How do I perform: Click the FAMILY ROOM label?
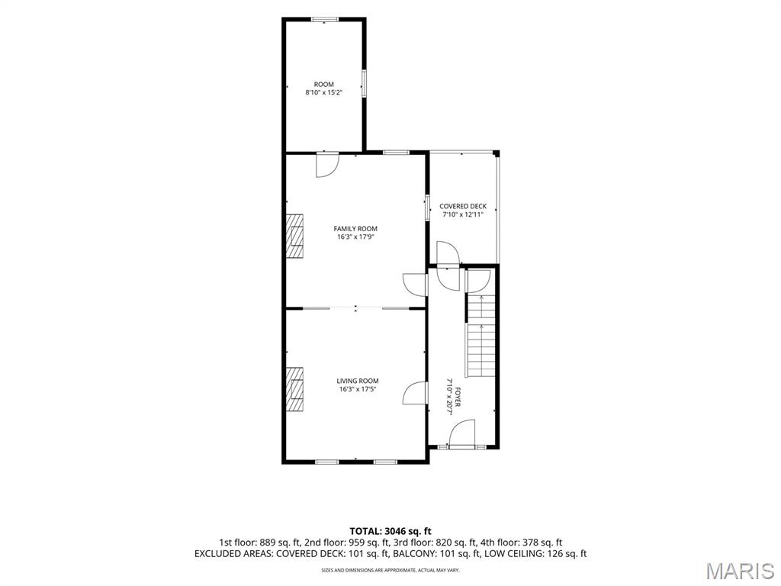tap(355, 229)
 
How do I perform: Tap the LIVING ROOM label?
tap(357, 382)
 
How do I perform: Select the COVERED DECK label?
tap(463, 206)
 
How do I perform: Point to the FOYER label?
tap(458, 397)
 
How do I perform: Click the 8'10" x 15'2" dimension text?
tap(323, 92)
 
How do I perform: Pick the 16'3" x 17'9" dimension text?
tap(355, 237)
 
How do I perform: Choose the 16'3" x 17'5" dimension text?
tap(357, 389)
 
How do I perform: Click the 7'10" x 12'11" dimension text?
tap(463, 214)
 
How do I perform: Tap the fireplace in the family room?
tap(294, 237)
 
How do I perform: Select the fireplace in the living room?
tap(294, 389)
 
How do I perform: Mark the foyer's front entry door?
tap(463, 433)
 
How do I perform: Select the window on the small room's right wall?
tap(364, 83)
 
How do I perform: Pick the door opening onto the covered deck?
tap(448, 253)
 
